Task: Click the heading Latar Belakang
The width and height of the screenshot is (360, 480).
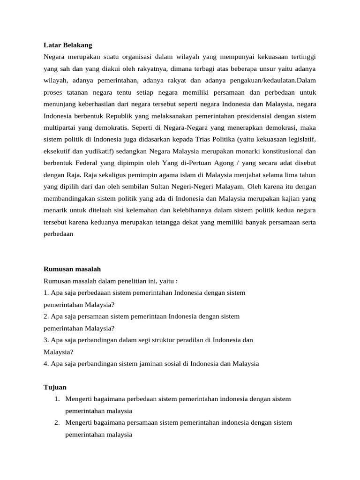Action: [x=67, y=45]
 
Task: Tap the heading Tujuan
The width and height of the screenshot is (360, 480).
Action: [x=55, y=387]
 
